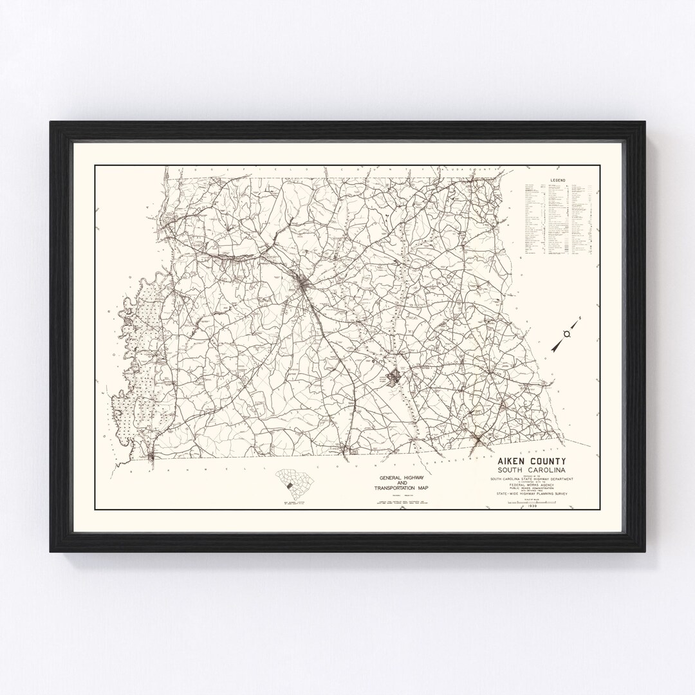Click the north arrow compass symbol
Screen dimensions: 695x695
566,333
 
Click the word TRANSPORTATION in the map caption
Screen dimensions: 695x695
402,488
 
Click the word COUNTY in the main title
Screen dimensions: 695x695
548,461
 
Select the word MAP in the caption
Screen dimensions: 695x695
424,488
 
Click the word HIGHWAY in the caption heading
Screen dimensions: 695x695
413,477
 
